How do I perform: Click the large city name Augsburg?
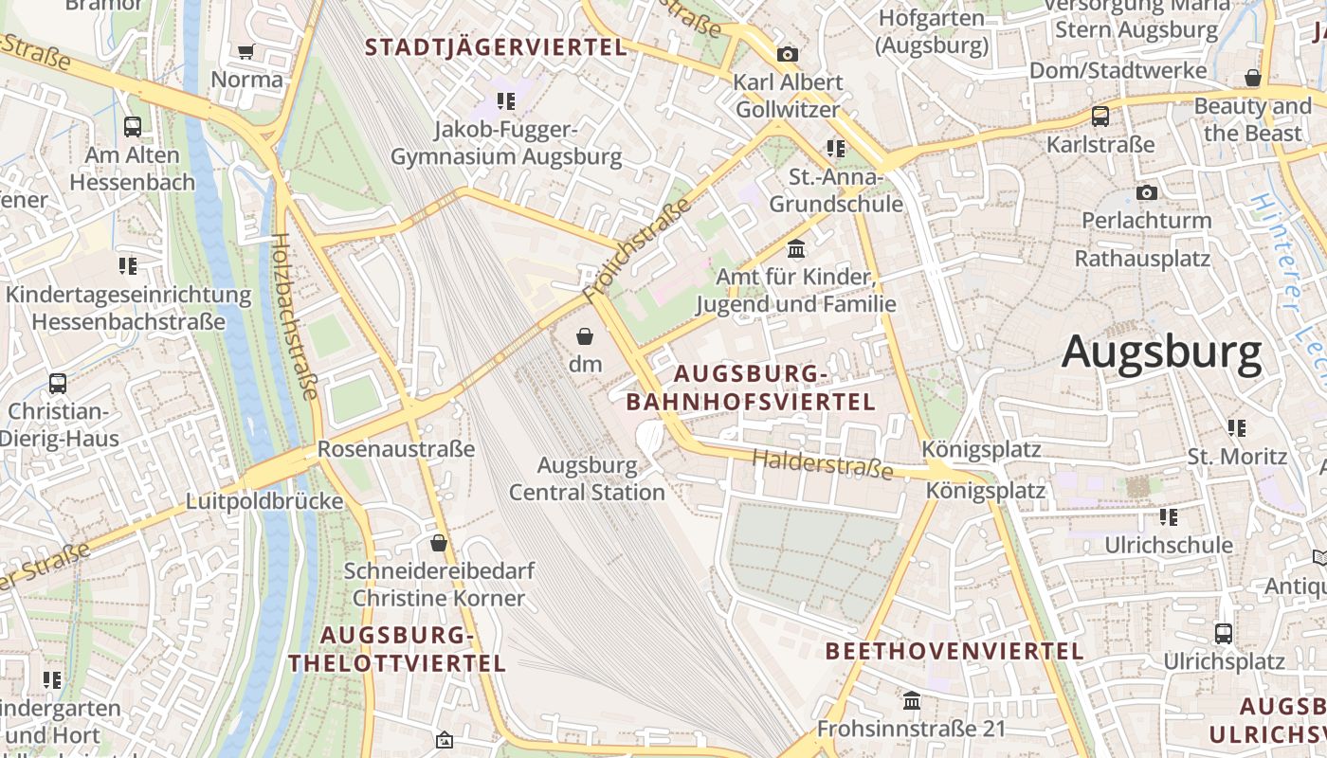pos(1161,352)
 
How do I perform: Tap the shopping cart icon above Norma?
pos(246,52)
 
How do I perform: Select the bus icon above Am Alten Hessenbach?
pos(133,126)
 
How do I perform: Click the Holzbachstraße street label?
pos(294,316)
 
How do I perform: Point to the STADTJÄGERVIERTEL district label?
pos(496,46)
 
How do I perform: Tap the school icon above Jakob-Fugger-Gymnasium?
pos(506,100)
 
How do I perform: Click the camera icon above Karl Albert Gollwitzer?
pos(787,54)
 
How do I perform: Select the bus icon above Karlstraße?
pos(1100,117)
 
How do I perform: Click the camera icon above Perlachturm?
pos(1147,192)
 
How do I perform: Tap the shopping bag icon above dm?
pos(585,336)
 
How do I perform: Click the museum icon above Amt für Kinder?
pos(796,249)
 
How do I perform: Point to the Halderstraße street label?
pos(823,464)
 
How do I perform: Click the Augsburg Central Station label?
pos(587,478)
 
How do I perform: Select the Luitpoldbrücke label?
pos(264,501)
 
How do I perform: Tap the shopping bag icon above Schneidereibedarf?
pos(438,543)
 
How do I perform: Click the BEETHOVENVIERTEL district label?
pos(954,651)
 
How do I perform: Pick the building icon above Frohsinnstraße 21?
pos(912,700)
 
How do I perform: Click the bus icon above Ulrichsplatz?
pos(1224,633)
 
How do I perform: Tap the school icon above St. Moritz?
pos(1237,428)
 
